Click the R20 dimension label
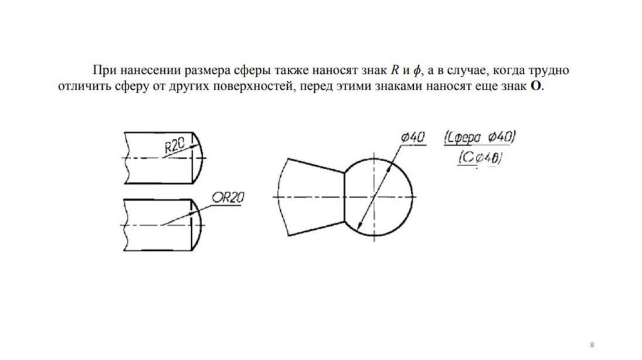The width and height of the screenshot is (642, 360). (x=174, y=146)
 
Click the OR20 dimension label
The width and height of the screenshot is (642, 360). (x=227, y=198)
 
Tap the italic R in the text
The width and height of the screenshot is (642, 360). (x=395, y=70)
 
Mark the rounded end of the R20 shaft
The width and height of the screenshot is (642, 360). (x=199, y=157)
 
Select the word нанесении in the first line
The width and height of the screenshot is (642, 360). (x=144, y=70)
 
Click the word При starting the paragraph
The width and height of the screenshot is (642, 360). (x=103, y=70)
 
